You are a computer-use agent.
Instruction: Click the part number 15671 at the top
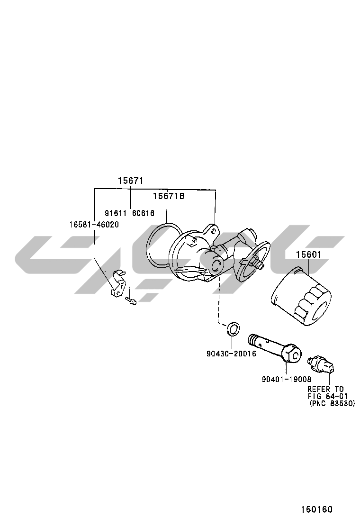(x=130, y=181)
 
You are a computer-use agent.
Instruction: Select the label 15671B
(x=169, y=196)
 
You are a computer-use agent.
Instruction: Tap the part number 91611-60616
(x=129, y=213)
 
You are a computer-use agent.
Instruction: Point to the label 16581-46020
(x=94, y=224)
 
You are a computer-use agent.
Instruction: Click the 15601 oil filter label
(x=308, y=255)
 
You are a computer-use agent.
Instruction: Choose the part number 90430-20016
(x=231, y=354)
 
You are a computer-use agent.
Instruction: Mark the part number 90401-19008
(x=287, y=379)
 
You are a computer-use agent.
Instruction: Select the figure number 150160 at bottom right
(x=316, y=509)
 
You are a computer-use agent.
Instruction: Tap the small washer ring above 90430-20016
(x=233, y=329)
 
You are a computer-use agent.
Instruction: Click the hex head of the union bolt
(x=292, y=354)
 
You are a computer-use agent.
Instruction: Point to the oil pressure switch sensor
(x=322, y=365)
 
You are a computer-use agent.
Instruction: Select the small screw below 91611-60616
(x=131, y=301)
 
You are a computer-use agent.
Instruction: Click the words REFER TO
(x=325, y=389)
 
